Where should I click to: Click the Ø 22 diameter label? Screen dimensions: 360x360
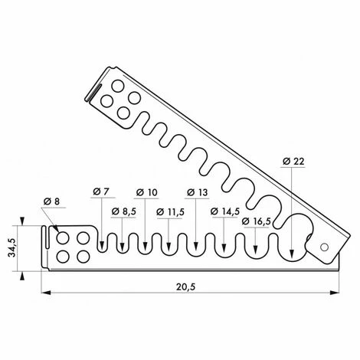click(293, 162)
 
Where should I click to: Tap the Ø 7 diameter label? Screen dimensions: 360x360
click(101, 191)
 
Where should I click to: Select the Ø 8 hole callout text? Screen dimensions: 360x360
click(51, 201)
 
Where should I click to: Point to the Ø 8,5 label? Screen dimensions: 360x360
click(124, 211)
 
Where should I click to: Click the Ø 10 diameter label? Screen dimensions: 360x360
click(147, 192)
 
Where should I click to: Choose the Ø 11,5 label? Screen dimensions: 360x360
click(170, 212)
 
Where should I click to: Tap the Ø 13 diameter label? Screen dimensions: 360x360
click(198, 192)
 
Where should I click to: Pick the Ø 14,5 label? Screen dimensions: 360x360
click(225, 211)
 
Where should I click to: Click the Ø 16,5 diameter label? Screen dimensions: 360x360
click(256, 221)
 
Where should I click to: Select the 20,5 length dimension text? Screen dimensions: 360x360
click(185, 286)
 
